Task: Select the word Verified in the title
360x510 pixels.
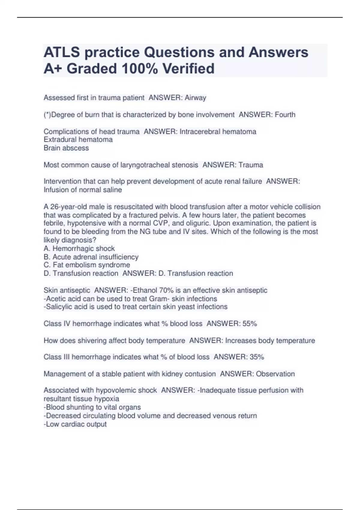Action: click(188, 69)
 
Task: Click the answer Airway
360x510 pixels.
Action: click(195, 98)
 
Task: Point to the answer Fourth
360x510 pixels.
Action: click(283, 115)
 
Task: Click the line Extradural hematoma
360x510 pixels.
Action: click(78, 139)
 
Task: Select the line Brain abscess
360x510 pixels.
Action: click(66, 148)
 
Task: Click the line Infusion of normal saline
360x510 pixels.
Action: click(83, 190)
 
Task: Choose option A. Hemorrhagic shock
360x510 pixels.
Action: click(79, 248)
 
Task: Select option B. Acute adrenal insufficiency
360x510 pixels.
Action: click(91, 257)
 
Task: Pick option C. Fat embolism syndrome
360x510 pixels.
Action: click(87, 265)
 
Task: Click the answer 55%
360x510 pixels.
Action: click(249, 324)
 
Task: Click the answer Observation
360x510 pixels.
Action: click(275, 374)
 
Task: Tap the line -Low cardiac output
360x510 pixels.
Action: click(75, 424)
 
